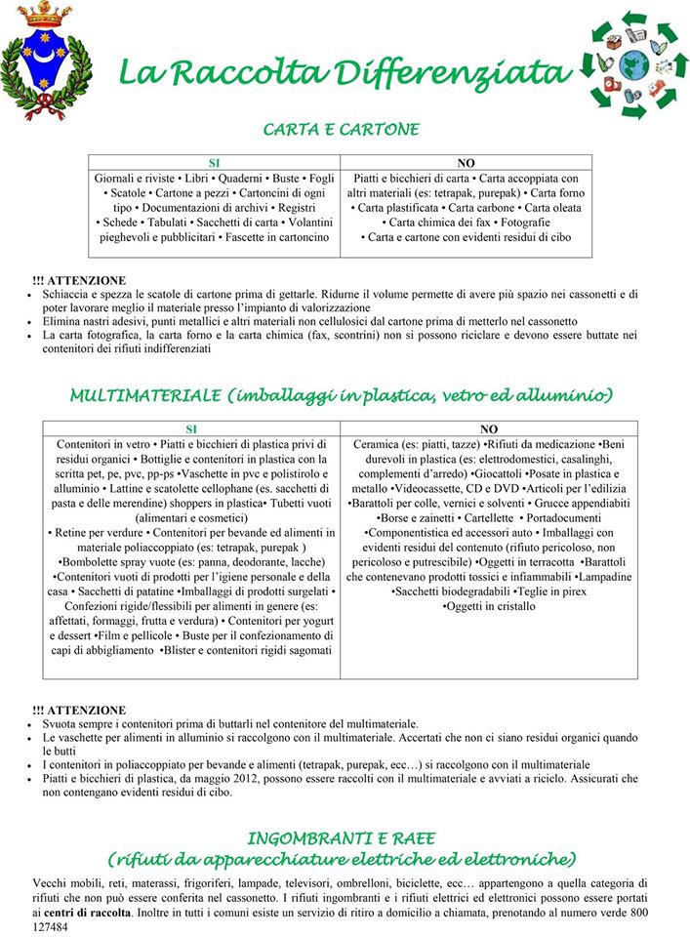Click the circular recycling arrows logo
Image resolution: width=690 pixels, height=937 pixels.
click(629, 64)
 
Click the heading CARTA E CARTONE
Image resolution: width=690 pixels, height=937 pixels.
click(342, 129)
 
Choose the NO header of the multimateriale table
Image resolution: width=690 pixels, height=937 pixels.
click(489, 428)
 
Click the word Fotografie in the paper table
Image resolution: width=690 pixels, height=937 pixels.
click(531, 223)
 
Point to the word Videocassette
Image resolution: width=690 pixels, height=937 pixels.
click(438, 487)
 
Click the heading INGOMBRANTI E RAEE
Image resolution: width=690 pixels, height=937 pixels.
click(341, 837)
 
